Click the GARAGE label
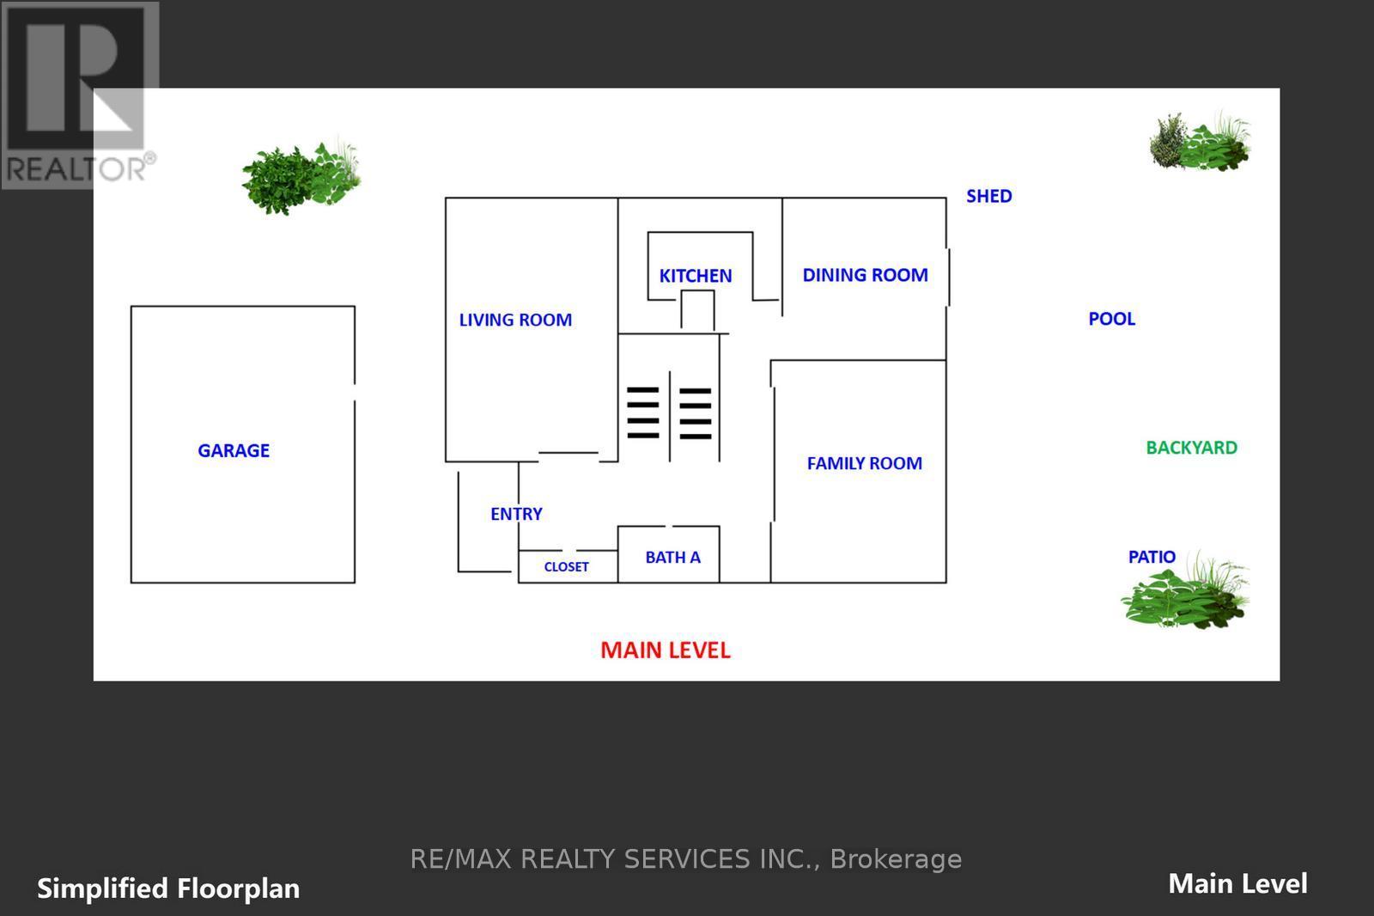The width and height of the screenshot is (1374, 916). click(x=234, y=450)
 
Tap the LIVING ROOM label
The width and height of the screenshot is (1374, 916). click(x=515, y=320)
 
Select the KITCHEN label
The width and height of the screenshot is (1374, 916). click(x=696, y=276)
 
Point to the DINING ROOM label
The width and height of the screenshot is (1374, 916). click(x=865, y=275)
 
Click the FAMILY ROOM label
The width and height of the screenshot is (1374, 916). click(x=864, y=463)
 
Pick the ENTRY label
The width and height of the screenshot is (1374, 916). click(x=516, y=514)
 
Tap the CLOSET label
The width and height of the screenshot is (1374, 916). click(x=566, y=566)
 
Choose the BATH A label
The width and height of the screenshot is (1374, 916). click(x=673, y=558)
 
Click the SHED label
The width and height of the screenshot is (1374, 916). click(x=989, y=197)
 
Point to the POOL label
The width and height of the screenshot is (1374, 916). click(x=1112, y=320)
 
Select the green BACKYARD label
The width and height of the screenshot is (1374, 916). click(x=1192, y=449)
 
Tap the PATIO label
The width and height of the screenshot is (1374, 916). click(x=1152, y=557)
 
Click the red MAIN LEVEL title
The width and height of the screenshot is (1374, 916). click(x=666, y=650)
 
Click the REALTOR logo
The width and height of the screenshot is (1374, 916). click(x=80, y=95)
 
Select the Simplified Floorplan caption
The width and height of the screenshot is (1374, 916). click(x=168, y=889)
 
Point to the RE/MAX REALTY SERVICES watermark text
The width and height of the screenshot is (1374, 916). click(x=686, y=859)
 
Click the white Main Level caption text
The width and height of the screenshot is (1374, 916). click(x=1237, y=884)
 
